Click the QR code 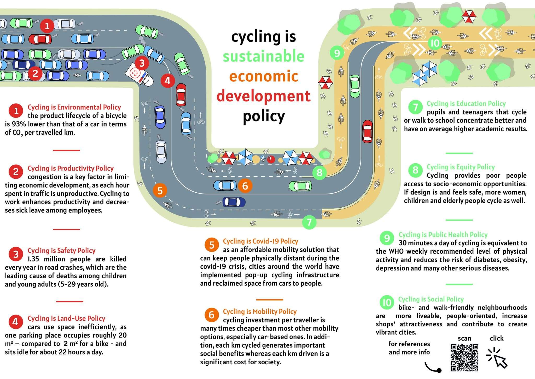point(464,358)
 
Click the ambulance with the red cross point(139,76)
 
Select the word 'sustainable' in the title point(264,57)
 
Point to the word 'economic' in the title point(264,76)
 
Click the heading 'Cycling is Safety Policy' point(62,250)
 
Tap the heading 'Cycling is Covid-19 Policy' point(260,241)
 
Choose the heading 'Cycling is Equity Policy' point(461,167)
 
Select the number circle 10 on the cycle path point(435,43)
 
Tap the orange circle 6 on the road point(245,186)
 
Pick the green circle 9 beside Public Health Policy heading point(387,238)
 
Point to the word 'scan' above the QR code point(464,338)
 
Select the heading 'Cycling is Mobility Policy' point(260,311)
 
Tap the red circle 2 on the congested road point(35,73)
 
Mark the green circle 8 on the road point(319,172)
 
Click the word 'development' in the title point(264,96)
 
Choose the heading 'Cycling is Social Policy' point(431,299)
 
